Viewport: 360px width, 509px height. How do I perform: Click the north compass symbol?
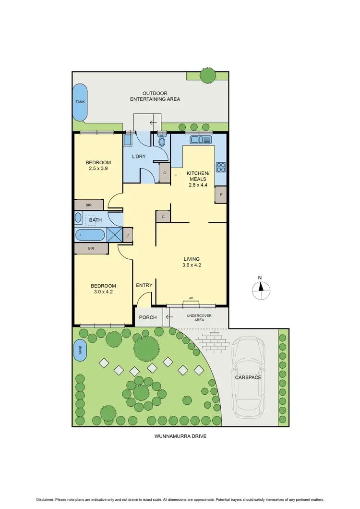(261, 288)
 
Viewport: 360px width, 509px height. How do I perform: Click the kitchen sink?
(201, 140)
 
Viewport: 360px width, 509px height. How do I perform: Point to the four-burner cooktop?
(221, 167)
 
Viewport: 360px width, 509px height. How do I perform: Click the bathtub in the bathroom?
(91, 235)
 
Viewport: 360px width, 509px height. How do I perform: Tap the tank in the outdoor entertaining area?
(80, 102)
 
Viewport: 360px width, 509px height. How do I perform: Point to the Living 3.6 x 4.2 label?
(191, 262)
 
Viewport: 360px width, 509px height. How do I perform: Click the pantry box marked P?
(221, 195)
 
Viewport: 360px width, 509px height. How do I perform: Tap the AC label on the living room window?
(191, 298)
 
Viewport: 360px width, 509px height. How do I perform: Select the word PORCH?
(148, 317)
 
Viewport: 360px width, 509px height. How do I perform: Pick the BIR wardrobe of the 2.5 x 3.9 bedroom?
(89, 205)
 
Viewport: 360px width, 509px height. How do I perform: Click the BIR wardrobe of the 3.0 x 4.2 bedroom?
(91, 249)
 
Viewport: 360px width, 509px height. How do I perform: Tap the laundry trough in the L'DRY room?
(128, 140)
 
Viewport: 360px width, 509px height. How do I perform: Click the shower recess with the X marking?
(114, 235)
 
